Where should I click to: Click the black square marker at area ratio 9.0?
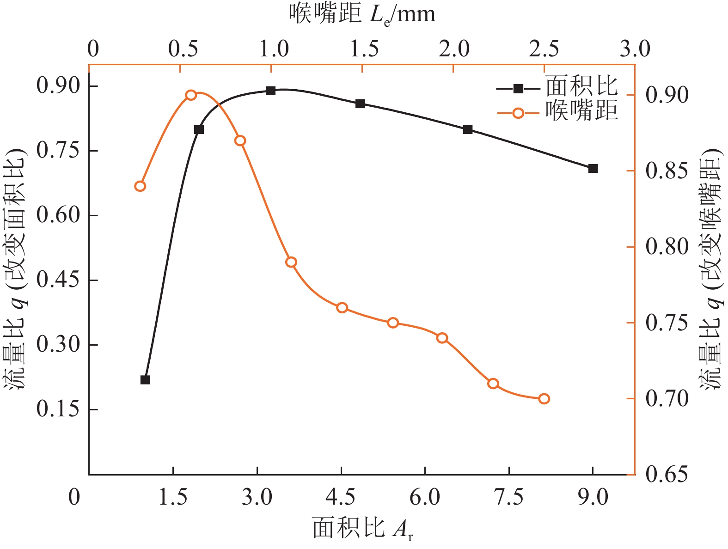593,169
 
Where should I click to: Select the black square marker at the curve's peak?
271,91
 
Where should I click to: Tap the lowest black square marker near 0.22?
145,380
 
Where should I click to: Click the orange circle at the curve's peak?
191,95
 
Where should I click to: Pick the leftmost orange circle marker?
140,186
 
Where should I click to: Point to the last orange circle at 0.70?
544,399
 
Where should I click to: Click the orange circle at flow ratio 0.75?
393,323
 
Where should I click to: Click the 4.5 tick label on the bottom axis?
341,498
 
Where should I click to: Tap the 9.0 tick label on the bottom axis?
593,498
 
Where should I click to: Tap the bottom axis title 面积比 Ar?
363,528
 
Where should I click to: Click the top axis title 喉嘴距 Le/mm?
363,15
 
